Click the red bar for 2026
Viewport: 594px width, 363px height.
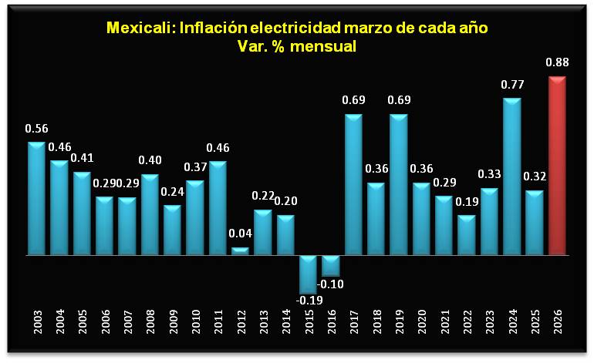(x=557, y=166)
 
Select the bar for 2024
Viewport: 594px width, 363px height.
(x=511, y=176)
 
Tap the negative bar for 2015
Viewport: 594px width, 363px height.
(x=309, y=274)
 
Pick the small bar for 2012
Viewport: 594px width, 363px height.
(x=241, y=250)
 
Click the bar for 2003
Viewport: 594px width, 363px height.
(x=37, y=199)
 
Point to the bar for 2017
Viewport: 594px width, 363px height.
(x=353, y=185)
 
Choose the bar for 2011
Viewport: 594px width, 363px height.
(x=218, y=208)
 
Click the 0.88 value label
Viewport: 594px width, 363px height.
(x=557, y=63)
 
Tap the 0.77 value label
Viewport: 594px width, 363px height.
(x=511, y=85)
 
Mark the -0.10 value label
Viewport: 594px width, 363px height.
(x=332, y=284)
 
